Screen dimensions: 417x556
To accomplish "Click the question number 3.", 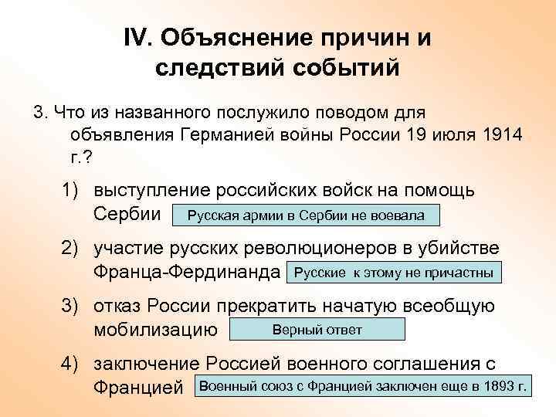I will (x=39, y=114).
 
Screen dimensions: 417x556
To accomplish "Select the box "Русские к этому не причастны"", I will (x=394, y=273).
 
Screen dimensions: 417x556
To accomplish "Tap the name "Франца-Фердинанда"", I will (x=186, y=273).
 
